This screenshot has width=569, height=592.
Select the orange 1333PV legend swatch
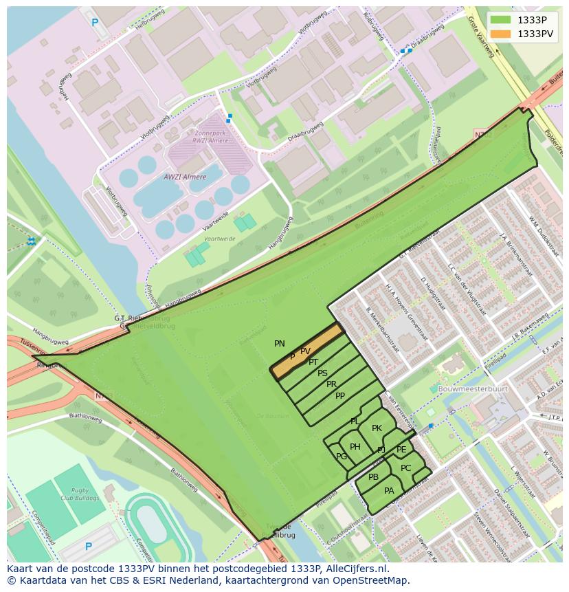point(501,34)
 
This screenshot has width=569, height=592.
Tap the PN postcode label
point(280,344)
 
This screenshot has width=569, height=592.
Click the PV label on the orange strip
point(305,351)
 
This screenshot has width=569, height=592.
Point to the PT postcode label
point(313,362)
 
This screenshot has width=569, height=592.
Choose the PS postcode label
point(322,373)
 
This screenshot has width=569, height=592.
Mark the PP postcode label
point(340,396)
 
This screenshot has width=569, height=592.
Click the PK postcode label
point(377,428)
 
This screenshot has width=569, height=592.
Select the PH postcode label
point(355,447)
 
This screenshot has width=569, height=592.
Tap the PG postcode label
point(342,457)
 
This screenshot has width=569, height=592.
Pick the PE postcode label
point(401,450)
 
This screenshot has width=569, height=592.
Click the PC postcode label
point(405,468)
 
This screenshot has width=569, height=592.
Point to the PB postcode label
point(373,477)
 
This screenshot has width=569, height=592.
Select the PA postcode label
point(389,491)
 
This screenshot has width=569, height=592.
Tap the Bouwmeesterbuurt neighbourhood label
point(473,388)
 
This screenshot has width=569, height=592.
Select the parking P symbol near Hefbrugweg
point(95,23)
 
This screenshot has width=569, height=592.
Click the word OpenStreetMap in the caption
point(374,580)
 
